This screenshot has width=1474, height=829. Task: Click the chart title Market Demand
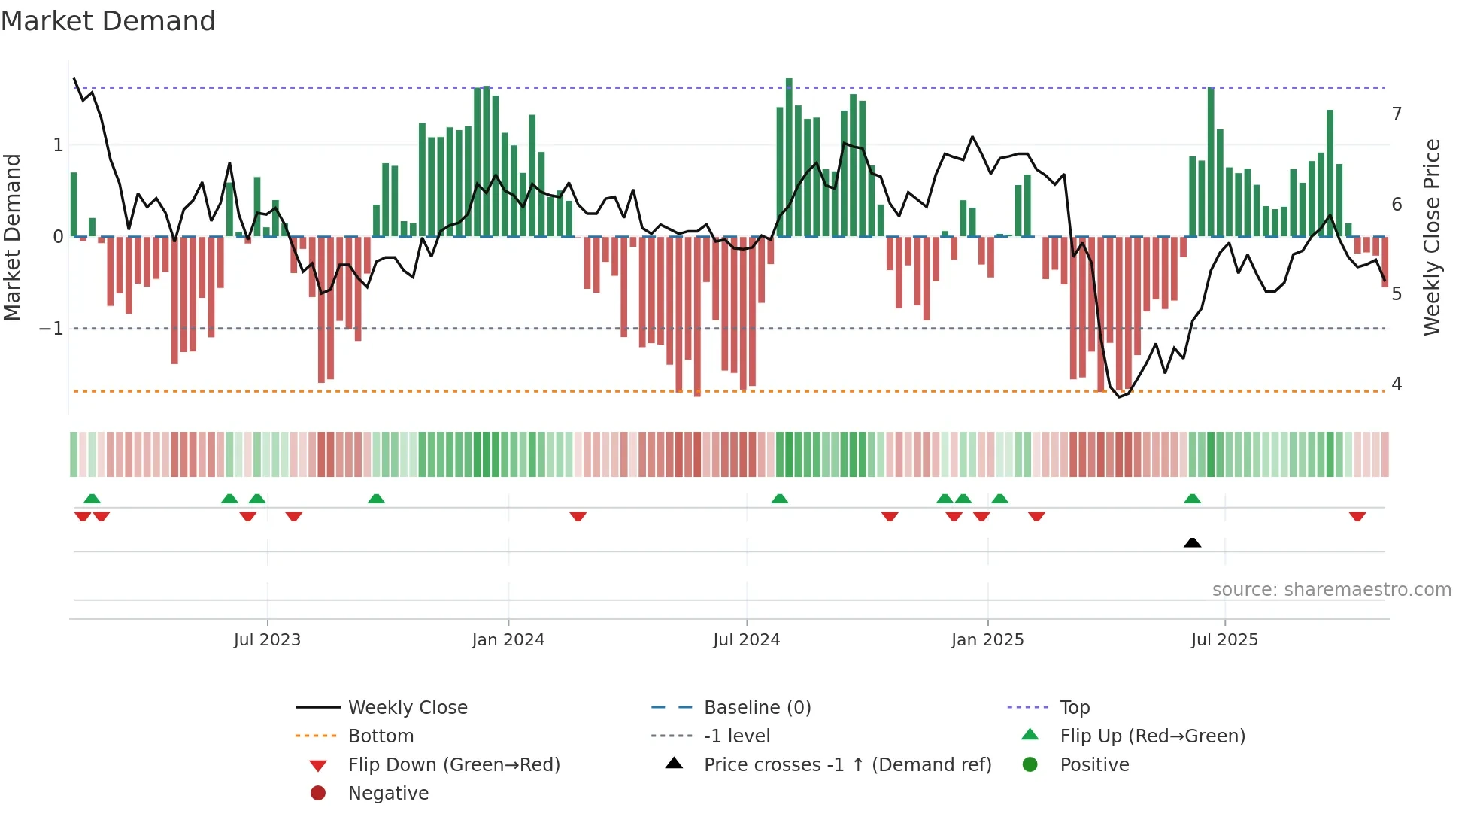pyautogui.click(x=108, y=21)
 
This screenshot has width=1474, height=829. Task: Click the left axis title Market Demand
pyautogui.click(x=13, y=237)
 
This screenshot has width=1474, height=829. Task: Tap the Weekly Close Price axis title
pyautogui.click(x=1431, y=237)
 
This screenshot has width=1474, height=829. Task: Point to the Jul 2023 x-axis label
pyautogui.click(x=267, y=640)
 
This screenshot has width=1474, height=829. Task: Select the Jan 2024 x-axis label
pyautogui.click(x=508, y=640)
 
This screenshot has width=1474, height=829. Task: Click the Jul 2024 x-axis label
pyautogui.click(x=747, y=640)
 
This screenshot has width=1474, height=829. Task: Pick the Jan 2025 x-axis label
pyautogui.click(x=987, y=640)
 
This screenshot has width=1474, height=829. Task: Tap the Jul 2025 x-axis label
pyautogui.click(x=1224, y=640)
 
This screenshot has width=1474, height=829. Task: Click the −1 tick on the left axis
pyautogui.click(x=51, y=329)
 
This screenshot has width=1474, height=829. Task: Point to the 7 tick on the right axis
pyautogui.click(x=1397, y=114)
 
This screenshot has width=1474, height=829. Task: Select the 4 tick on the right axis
pyautogui.click(x=1397, y=384)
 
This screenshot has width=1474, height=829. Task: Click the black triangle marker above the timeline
pyautogui.click(x=1192, y=542)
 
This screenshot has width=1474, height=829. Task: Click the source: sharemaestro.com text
pyautogui.click(x=1331, y=590)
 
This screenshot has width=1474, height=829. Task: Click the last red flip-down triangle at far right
pyautogui.click(x=1357, y=516)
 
